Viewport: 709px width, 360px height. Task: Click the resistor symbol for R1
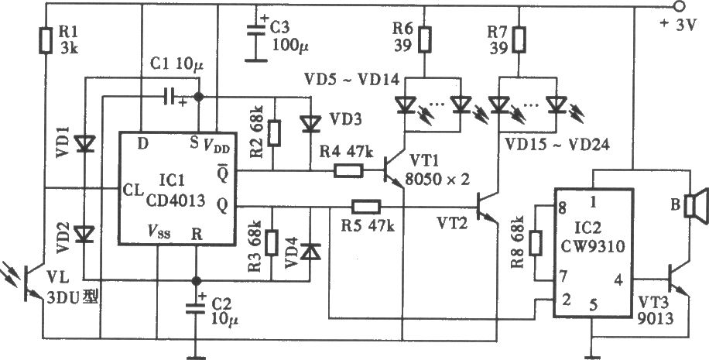(46, 40)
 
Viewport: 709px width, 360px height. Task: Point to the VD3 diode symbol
(310, 123)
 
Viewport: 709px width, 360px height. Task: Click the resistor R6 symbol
(425, 39)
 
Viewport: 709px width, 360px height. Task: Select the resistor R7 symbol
(519, 39)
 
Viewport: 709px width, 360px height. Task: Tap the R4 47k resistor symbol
(348, 170)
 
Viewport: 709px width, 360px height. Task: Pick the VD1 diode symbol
(84, 143)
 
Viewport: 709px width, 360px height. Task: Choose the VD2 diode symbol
(84, 234)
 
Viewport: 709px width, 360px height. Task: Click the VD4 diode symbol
(310, 252)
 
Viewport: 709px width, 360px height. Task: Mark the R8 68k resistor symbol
(536, 242)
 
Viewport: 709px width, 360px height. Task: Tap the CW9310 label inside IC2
(593, 247)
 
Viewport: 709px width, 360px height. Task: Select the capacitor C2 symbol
(197, 309)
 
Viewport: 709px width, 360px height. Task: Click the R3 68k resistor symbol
(272, 242)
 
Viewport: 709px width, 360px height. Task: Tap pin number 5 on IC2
(592, 305)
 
